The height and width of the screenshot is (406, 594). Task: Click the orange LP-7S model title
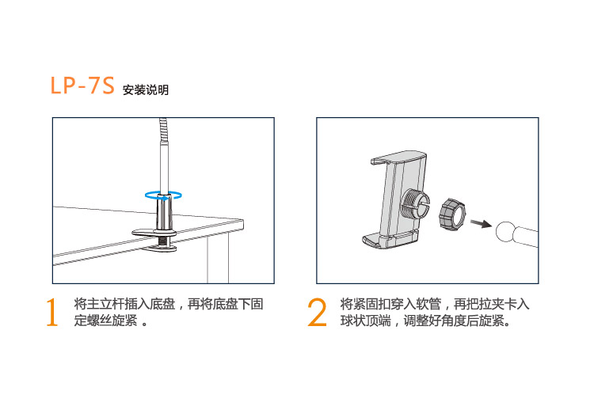point(82,85)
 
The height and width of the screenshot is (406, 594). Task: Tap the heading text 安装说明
point(146,90)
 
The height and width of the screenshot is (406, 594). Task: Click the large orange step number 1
point(52,312)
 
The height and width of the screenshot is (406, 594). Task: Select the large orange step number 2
point(317,312)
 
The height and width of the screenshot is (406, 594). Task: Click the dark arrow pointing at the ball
point(481,224)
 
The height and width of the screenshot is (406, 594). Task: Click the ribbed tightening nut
point(452,213)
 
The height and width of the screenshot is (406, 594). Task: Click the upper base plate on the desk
point(154,233)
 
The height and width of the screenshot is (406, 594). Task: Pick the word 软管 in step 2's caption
point(428,304)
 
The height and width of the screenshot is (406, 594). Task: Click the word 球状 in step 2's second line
point(352,321)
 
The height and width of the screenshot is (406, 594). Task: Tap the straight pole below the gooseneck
point(164,166)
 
